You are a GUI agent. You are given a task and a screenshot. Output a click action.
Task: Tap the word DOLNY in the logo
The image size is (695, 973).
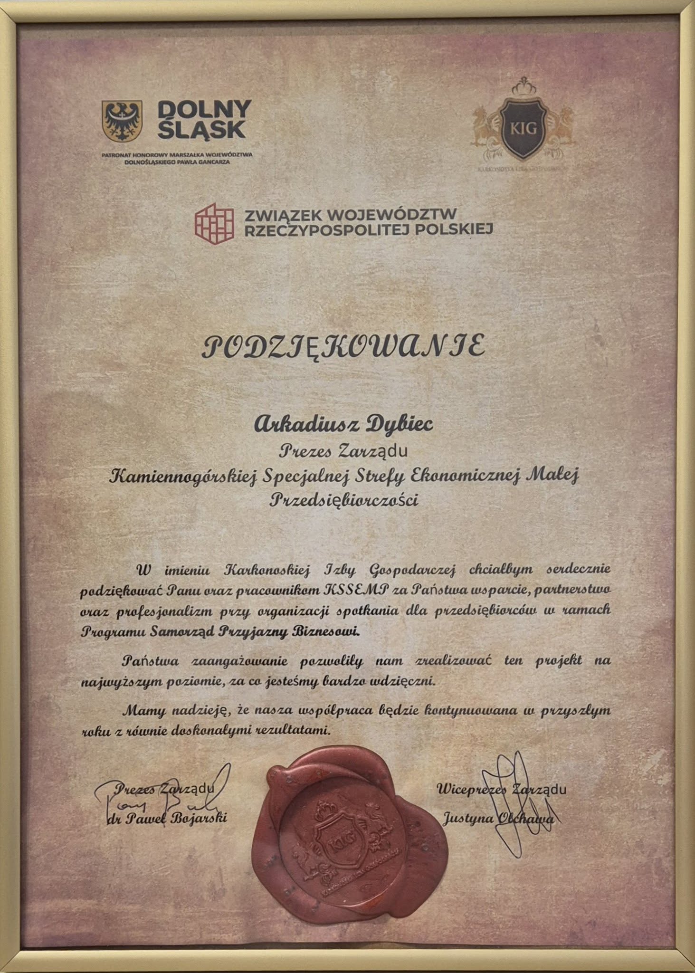coord(204,110)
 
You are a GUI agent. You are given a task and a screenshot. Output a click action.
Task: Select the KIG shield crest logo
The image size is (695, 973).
coord(524,127)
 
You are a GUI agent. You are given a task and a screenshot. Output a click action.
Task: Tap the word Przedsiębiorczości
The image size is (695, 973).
coord(344,500)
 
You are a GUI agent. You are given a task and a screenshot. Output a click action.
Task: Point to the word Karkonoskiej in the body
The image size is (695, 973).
coord(267,569)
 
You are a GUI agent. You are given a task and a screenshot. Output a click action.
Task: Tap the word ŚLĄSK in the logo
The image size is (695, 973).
coord(201,129)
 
